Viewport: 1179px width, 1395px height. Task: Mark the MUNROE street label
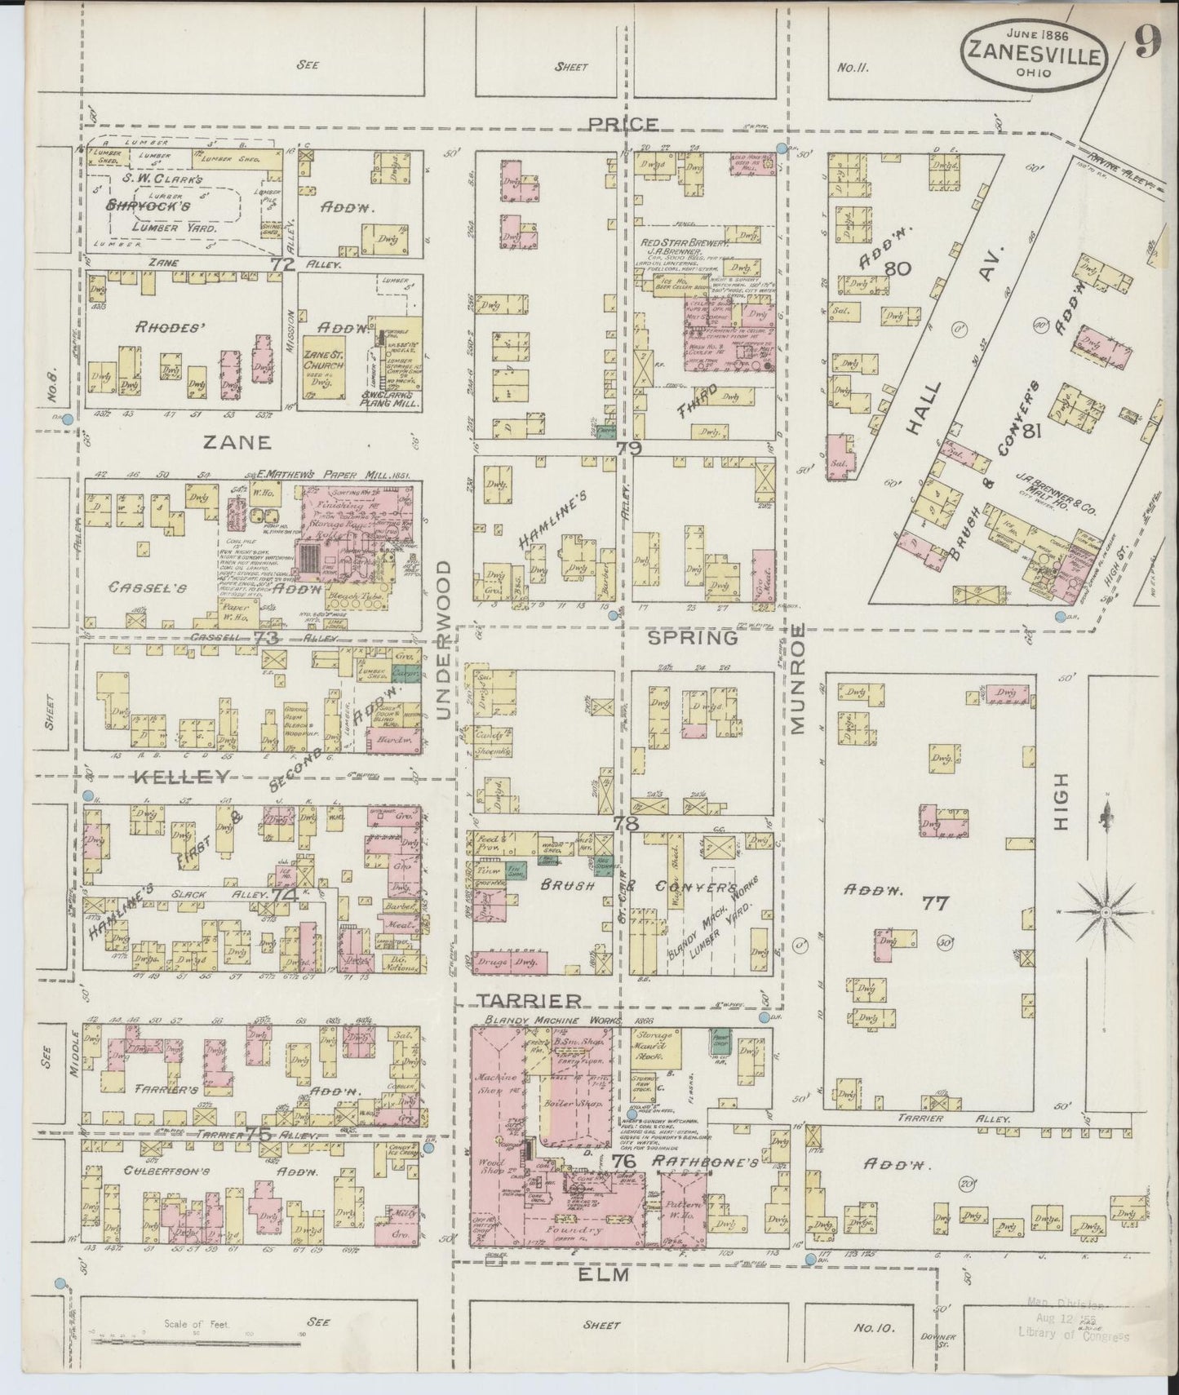pyautogui.click(x=797, y=679)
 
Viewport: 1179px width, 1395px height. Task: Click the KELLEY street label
pyautogui.click(x=178, y=777)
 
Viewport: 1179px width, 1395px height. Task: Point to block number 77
pyautogui.click(x=935, y=902)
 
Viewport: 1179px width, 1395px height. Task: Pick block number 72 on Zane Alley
pyautogui.click(x=282, y=264)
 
